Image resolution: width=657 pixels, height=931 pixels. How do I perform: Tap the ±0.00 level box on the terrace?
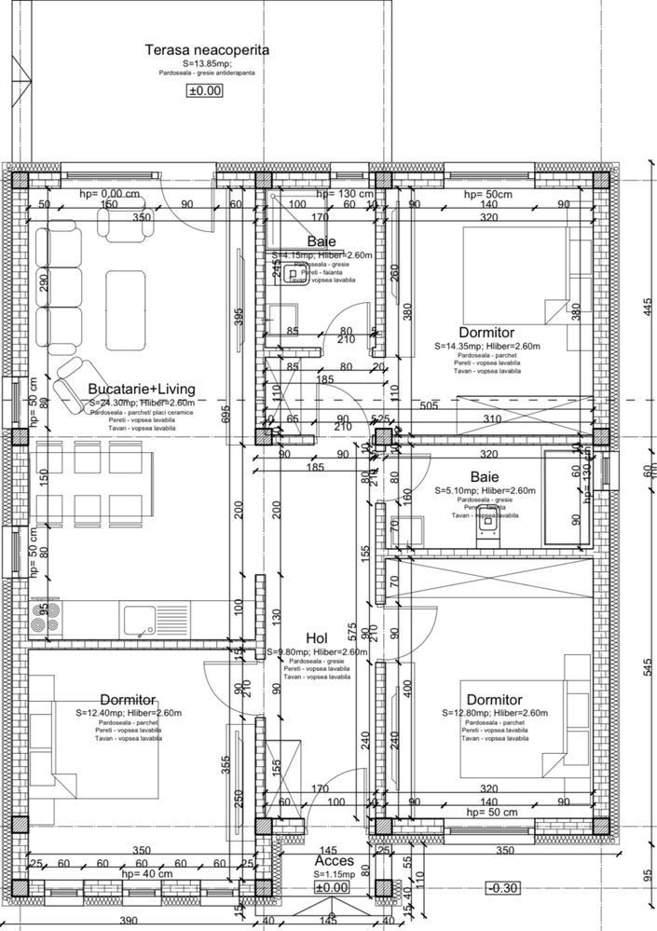point(206,90)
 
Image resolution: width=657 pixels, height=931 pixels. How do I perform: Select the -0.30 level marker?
point(504,888)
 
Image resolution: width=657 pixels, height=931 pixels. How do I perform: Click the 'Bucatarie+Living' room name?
point(133,388)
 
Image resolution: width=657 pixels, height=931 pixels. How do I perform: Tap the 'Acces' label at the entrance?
point(334,862)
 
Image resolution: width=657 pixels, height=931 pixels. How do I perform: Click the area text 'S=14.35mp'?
point(458,346)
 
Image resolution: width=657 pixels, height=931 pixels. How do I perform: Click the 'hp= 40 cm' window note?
point(146,874)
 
